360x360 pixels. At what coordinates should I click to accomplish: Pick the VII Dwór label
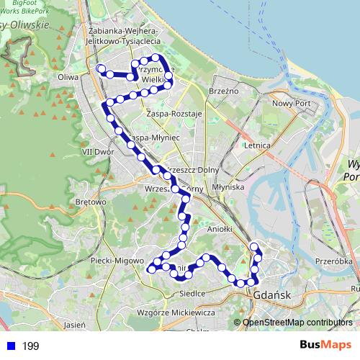[99, 152]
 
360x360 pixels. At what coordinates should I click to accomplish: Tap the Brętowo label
[91, 202]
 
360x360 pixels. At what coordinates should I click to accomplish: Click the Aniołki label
[218, 228]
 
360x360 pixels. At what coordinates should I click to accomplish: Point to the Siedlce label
[192, 293]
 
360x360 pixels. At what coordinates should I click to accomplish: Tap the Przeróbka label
[333, 261]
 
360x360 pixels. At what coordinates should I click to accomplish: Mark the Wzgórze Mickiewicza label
[176, 312]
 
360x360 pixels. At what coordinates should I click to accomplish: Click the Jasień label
[75, 325]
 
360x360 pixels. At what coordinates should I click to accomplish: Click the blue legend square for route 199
[10, 346]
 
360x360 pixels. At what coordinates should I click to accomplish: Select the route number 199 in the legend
[30, 346]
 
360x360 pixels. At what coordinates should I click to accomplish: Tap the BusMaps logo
[325, 346]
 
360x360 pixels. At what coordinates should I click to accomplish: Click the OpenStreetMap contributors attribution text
[297, 322]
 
